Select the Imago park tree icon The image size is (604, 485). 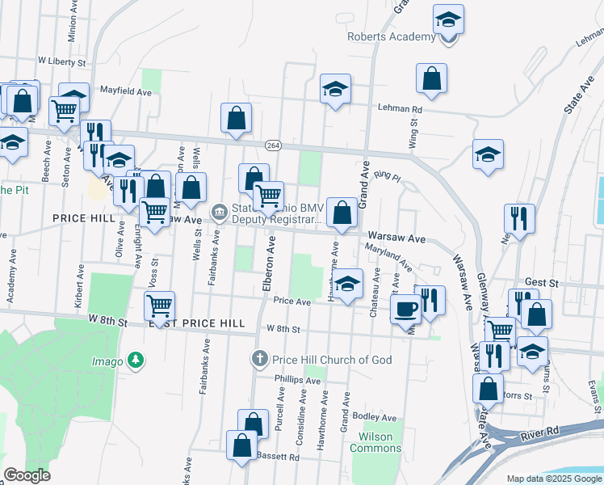click(138, 360)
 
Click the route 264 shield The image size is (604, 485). click(273, 145)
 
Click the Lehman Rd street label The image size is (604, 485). click(400, 108)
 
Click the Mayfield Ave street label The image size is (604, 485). click(125, 92)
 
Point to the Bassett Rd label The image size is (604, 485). click(278, 457)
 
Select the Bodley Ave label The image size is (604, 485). click(375, 418)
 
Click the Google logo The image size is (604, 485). click(27, 475)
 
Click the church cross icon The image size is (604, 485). click(259, 359)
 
